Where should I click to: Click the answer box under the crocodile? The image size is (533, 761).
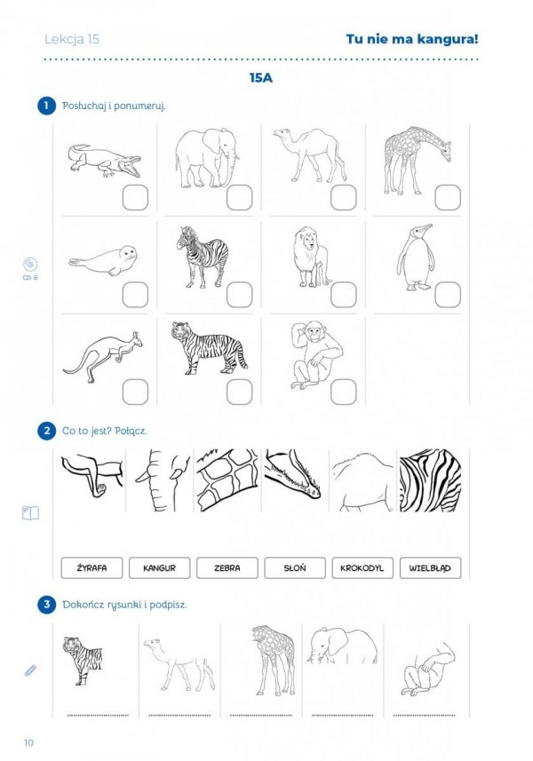pos(135,197)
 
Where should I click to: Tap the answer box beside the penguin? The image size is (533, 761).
pos(448,295)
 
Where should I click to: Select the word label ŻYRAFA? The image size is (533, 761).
pos(91,567)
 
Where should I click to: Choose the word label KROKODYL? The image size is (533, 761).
pos(362,567)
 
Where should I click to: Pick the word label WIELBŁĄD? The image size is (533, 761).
pos(430,567)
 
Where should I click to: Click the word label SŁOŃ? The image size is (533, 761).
pos(295,567)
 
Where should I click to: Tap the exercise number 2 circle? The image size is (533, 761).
pos(46,431)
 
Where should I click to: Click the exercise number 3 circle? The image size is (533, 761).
pos(46,604)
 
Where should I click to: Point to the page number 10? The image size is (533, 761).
pos(28,742)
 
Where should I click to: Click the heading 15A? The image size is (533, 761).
pos(261,78)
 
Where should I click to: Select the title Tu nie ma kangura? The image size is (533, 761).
pos(412,39)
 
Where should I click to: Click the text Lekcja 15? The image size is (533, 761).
pos(72,39)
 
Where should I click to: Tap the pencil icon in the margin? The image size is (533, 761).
pos(30,670)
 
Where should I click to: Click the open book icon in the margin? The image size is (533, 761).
pos(30,513)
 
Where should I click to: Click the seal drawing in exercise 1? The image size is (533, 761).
pos(102,260)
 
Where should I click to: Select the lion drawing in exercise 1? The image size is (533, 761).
pos(312,257)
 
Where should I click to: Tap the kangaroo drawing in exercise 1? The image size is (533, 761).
pos(102,357)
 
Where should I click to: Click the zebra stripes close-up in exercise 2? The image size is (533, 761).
pos(430,480)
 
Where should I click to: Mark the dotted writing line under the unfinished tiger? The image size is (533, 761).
pos(98,716)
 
